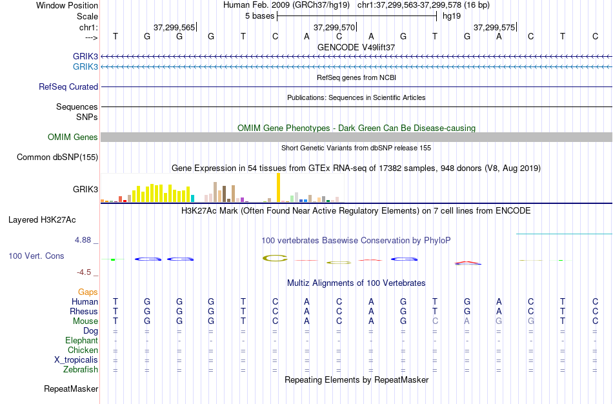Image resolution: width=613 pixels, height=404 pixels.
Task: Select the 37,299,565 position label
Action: [x=174, y=28]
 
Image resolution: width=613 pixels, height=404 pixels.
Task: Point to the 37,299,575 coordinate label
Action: [x=494, y=28]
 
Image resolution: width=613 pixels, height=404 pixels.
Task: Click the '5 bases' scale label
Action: [x=259, y=16]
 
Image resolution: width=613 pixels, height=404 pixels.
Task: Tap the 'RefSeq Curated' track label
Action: [x=68, y=86]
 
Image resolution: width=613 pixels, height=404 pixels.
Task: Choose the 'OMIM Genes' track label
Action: [x=73, y=137]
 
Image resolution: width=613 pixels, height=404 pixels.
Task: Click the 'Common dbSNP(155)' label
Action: [x=57, y=157]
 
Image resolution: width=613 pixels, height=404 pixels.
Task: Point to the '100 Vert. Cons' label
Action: [x=36, y=256]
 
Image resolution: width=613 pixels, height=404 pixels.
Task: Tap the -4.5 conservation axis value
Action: [x=85, y=272]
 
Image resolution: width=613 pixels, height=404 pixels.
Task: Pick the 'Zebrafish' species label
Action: [x=81, y=370]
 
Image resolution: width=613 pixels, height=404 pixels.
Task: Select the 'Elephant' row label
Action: [x=81, y=341]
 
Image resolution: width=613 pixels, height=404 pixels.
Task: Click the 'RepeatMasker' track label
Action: [x=71, y=389]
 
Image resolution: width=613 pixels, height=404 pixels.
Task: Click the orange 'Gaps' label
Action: [x=88, y=292]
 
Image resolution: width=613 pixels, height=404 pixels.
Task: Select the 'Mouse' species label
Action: [x=86, y=321]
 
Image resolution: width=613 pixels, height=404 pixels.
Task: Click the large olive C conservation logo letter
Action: [x=275, y=259]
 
